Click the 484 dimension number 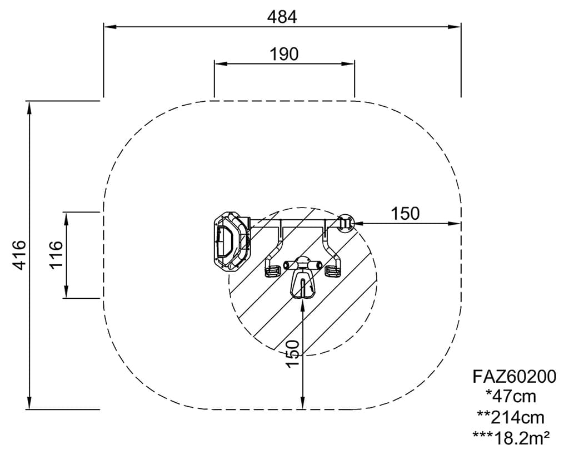(x=282, y=17)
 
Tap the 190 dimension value (x=284, y=54)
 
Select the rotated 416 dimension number (x=19, y=255)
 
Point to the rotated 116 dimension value (x=56, y=255)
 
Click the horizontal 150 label (x=405, y=214)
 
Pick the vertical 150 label (x=292, y=354)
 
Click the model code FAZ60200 (x=514, y=377)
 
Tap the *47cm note (x=511, y=397)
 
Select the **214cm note (x=511, y=418)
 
